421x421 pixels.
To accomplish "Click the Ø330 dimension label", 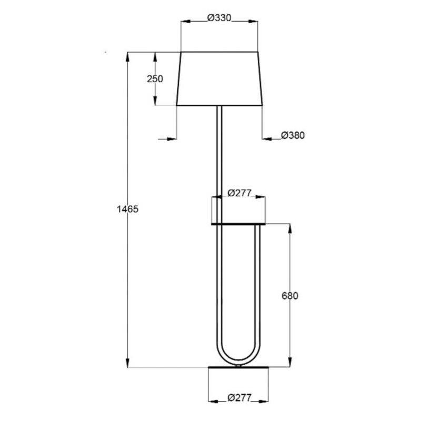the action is (219, 18).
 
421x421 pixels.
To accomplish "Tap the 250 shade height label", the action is (155, 79).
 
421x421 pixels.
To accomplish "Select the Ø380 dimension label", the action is (293, 135).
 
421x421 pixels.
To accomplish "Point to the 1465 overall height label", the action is (127, 209).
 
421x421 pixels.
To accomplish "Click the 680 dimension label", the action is (290, 296).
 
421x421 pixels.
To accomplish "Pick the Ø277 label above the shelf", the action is (239, 193).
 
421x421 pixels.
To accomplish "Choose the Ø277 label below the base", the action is (239, 398).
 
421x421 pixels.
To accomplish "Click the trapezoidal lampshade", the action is (219, 78).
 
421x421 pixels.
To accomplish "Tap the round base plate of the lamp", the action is (238, 367).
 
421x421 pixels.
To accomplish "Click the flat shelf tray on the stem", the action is (238, 224).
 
